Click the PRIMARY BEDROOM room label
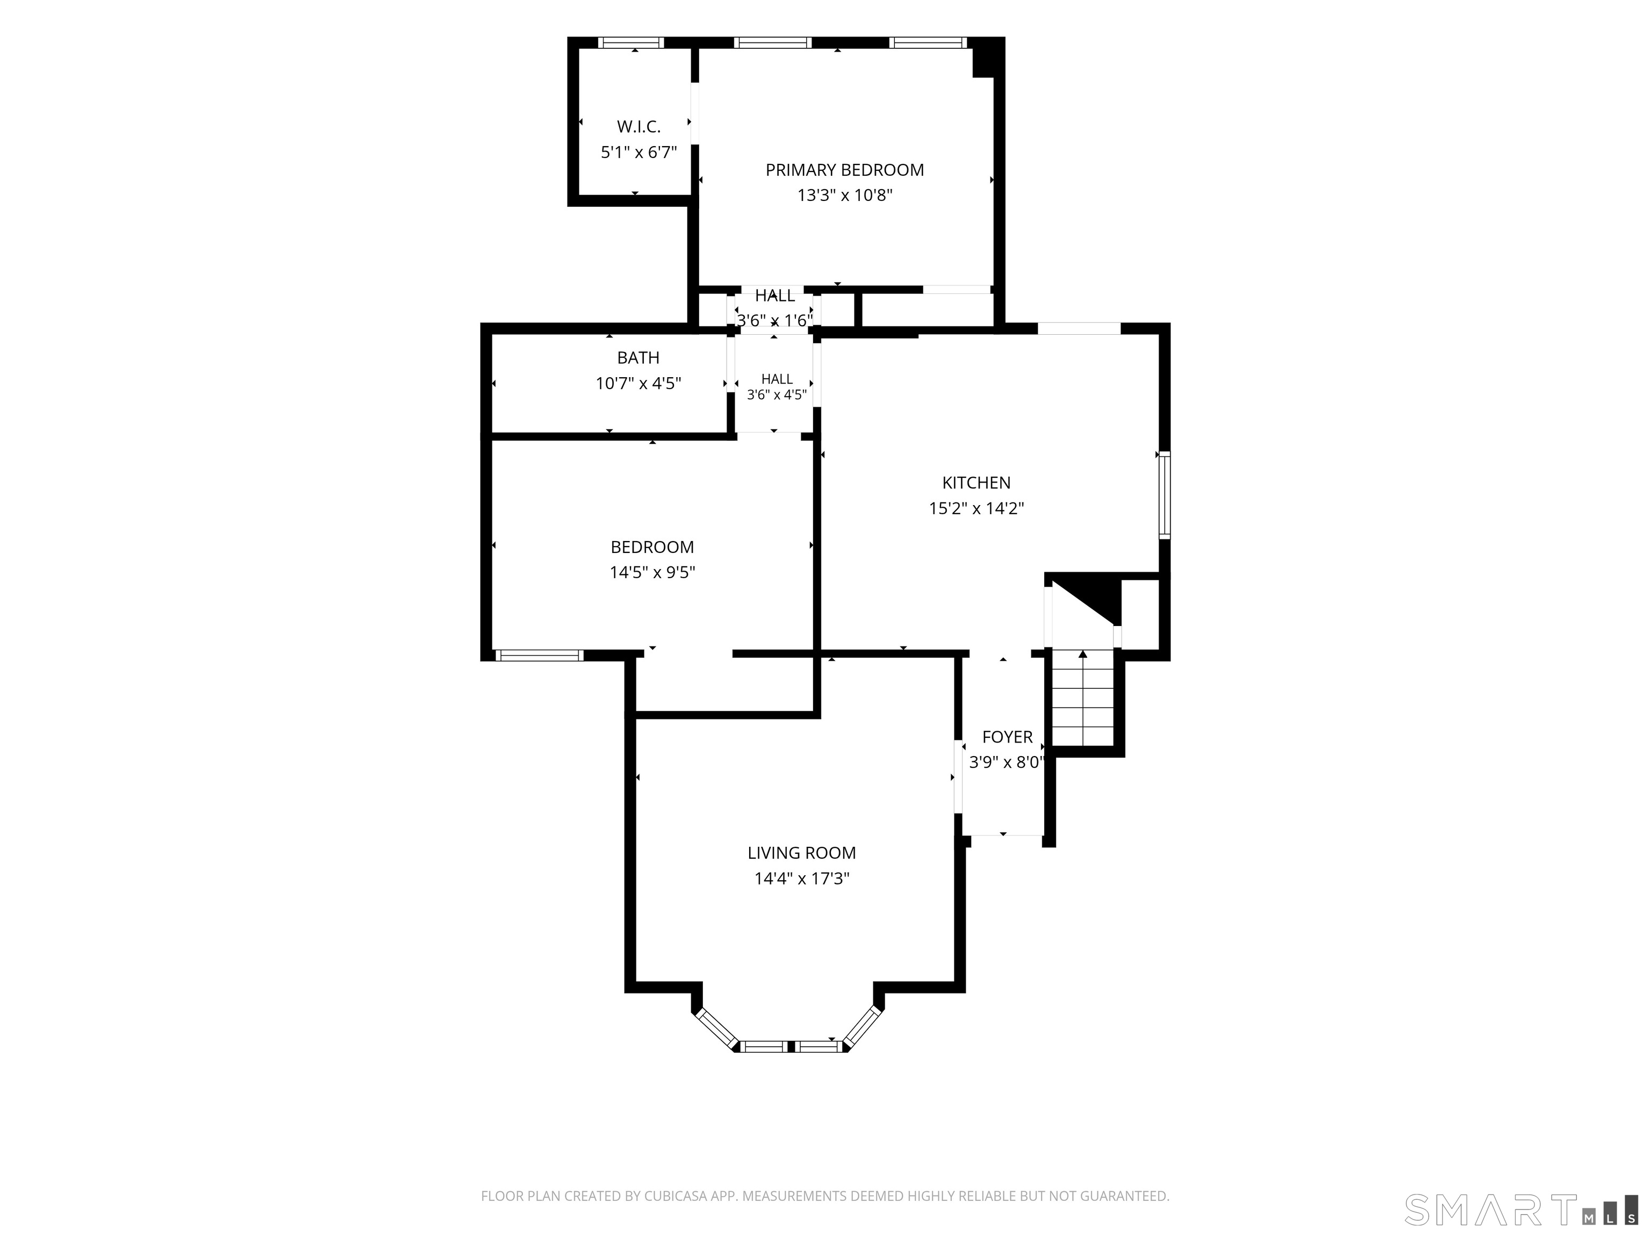coord(844,170)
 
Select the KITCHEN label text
coord(977,483)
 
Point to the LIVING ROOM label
coord(802,853)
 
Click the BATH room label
coord(638,358)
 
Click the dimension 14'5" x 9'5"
coord(652,572)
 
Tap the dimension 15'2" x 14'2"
coord(977,508)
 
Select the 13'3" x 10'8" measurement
coord(845,196)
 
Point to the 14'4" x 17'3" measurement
coord(802,879)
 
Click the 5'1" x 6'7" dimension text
coord(639,152)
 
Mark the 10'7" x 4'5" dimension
coord(638,384)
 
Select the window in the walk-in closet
coord(632,42)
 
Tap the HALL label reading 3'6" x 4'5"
coord(777,386)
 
